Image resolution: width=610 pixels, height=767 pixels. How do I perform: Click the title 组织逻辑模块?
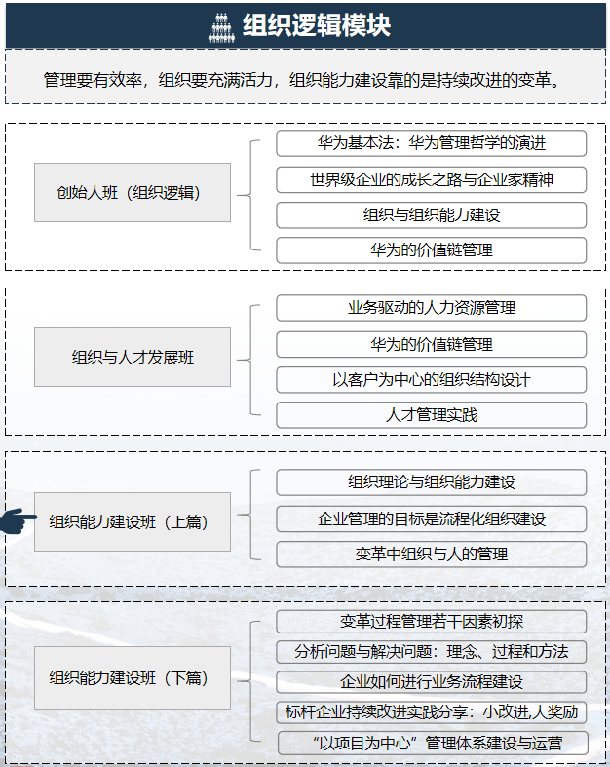317,25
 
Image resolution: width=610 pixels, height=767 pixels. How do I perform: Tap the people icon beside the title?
222,26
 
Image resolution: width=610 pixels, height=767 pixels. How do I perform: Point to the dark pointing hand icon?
18,520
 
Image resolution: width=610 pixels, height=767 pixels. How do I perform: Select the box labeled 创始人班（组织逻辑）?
132,192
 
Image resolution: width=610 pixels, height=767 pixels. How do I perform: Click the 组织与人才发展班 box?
132,357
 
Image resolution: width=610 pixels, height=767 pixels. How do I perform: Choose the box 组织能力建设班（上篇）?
132,521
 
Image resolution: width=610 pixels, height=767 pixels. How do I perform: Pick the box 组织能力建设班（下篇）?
132,677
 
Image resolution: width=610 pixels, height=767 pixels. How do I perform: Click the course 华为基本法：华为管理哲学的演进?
431,143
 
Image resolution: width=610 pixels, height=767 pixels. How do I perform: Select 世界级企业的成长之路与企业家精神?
431,179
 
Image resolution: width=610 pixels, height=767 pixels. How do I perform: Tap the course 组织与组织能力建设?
431,215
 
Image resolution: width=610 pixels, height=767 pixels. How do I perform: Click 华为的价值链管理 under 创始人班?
431,250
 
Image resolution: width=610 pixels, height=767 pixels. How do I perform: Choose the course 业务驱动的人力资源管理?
431,308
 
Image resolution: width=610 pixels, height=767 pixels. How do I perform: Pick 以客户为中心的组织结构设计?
431,379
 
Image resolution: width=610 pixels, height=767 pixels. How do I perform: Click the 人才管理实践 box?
431,415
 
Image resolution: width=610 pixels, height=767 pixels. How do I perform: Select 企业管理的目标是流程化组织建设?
431,518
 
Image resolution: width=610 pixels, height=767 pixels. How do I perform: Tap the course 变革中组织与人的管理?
431,555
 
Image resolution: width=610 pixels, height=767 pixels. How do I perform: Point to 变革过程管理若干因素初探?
431,622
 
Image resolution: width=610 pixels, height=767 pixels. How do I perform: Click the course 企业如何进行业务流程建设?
431,681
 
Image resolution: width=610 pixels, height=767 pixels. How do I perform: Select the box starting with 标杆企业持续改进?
431,711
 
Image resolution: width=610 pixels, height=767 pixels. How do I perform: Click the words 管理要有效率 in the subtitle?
91,80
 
